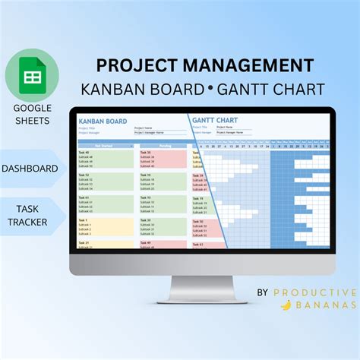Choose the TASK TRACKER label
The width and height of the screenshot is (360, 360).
click(30, 213)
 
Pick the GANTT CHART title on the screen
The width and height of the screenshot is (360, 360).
click(216, 120)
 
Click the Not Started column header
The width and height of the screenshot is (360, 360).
click(106, 145)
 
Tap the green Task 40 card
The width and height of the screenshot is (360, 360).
click(106, 158)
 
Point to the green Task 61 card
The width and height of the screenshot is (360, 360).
click(106, 203)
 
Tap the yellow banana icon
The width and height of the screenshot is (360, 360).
click(286, 305)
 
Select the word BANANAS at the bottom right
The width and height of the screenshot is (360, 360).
click(325, 305)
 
